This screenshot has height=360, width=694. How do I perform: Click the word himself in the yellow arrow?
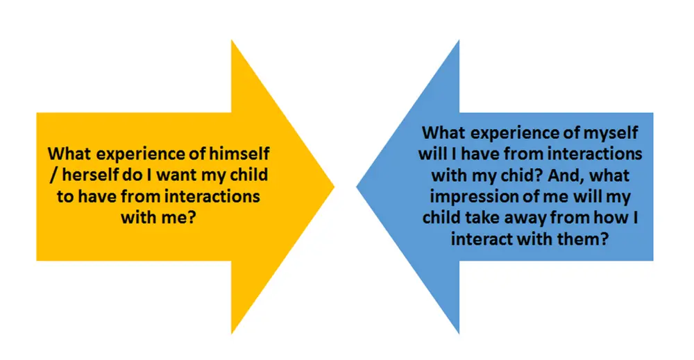point(239,153)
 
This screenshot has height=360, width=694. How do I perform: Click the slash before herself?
point(53,175)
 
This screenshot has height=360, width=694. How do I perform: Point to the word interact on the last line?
point(481,239)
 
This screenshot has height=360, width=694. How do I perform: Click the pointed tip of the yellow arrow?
point(335,186)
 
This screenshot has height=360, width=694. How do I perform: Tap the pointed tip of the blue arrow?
point(357,186)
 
